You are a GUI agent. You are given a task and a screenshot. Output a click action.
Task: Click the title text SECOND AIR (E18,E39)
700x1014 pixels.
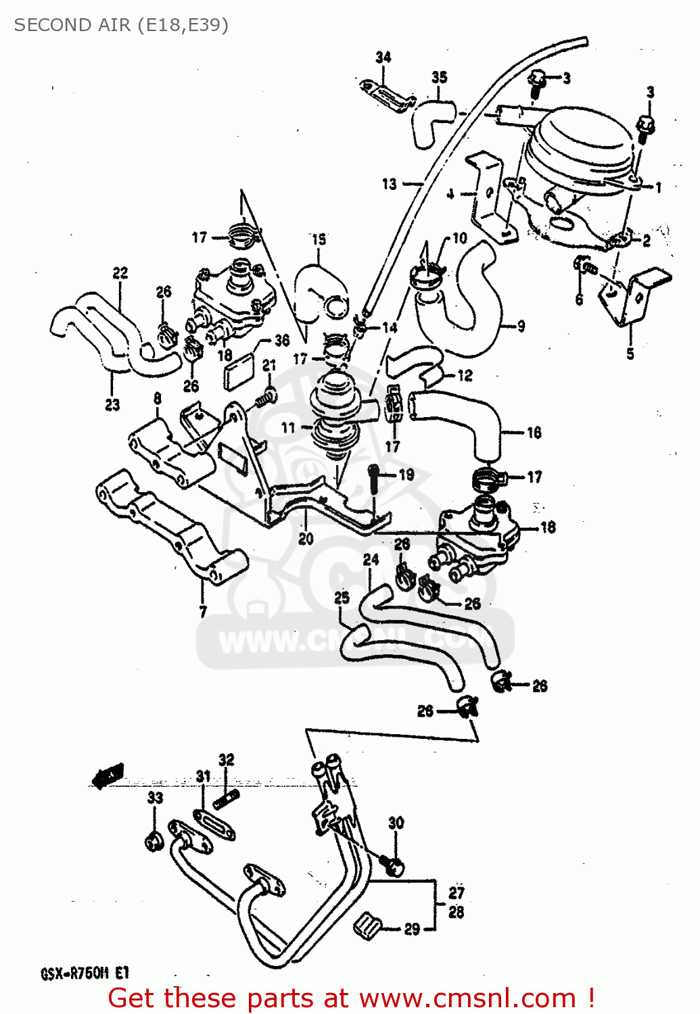coord(121,25)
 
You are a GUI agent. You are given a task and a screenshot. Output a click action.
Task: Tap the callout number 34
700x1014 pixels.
coord(383,57)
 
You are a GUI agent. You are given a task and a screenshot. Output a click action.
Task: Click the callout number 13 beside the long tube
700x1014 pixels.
coord(389,184)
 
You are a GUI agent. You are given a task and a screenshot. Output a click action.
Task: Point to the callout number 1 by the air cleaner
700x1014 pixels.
coord(658,187)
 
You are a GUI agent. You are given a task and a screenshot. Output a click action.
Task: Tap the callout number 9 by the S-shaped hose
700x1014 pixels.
coord(521,327)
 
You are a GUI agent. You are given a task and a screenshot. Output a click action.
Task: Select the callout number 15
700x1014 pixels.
coord(319,239)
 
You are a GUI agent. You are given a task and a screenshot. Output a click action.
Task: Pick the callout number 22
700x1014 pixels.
coord(120,273)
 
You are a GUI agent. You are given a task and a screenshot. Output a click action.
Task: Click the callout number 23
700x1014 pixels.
coord(112,404)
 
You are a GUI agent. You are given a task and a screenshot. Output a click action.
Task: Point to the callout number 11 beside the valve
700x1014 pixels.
coord(289,427)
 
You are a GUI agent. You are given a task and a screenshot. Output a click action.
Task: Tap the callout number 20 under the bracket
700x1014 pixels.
coord(306,539)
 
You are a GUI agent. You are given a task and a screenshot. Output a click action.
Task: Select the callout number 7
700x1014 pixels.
coord(202,612)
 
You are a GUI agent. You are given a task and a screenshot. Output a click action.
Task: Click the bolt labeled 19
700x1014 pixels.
coord(374,476)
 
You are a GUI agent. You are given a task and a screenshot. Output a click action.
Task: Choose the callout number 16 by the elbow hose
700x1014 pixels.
coord(534,432)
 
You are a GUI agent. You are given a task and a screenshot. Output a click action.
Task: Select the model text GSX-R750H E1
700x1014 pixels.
coord(85,974)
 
